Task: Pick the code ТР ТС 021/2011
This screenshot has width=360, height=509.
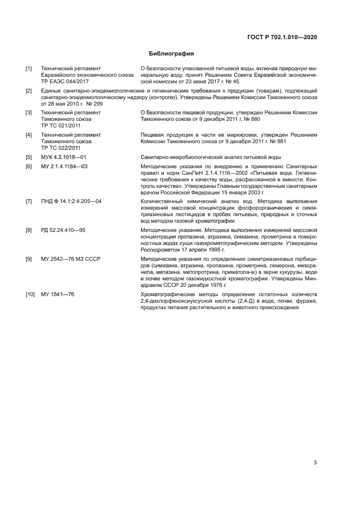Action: [x=61, y=125]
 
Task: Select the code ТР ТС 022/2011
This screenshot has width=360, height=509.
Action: [x=61, y=147]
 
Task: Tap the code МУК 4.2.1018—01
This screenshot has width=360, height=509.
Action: [x=64, y=157]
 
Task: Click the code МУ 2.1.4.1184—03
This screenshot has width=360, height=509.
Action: [x=64, y=166]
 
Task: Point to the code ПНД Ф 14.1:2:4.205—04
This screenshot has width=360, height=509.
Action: [x=71, y=201]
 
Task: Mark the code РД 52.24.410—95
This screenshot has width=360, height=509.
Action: [x=63, y=230]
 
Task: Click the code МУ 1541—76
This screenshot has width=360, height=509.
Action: [x=58, y=293]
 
